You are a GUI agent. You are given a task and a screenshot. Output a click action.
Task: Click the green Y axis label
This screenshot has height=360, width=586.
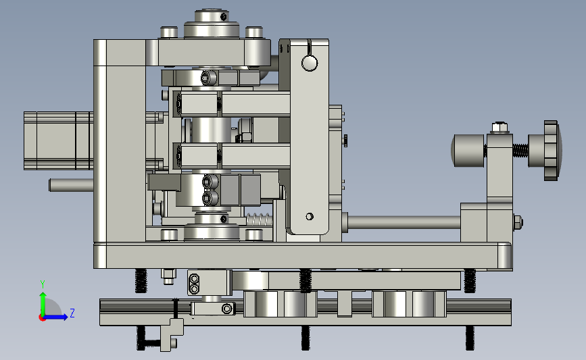click(43, 284)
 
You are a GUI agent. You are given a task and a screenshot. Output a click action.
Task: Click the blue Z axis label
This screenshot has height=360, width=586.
click(72, 313)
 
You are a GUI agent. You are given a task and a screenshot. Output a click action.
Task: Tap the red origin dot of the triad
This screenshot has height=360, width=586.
click(42, 317)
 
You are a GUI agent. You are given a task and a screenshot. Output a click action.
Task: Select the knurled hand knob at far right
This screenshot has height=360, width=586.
click(551, 151)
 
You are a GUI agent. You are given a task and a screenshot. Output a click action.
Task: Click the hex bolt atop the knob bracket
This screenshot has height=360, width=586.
click(499, 128)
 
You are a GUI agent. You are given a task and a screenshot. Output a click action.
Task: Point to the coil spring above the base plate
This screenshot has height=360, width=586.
click(259, 220)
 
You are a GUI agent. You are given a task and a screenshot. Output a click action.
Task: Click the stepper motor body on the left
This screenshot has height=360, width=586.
click(58, 140)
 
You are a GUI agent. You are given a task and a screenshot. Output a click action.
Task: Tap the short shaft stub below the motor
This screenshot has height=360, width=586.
click(71, 185)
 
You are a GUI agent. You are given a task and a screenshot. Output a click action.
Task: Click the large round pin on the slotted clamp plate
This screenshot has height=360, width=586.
click(310, 63)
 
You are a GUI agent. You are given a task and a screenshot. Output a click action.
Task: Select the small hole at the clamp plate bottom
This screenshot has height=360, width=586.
click(310, 217)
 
